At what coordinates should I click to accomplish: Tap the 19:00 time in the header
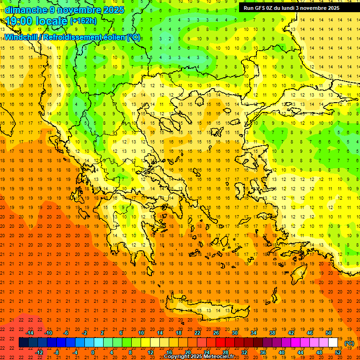click(21, 21)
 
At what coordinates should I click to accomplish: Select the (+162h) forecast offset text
click(83, 21)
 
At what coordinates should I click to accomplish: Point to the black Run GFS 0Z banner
click(298, 7)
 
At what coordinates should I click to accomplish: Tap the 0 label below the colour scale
click(93, 352)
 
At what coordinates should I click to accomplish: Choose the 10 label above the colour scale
click(141, 333)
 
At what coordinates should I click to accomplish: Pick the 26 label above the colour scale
click(216, 333)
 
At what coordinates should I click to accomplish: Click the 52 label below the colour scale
click(337, 352)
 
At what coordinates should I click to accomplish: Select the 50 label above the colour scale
click(328, 333)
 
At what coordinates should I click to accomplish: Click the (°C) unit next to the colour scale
click(349, 343)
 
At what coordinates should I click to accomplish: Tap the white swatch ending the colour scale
click(333, 343)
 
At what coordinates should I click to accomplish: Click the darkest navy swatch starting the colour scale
click(23, 343)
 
